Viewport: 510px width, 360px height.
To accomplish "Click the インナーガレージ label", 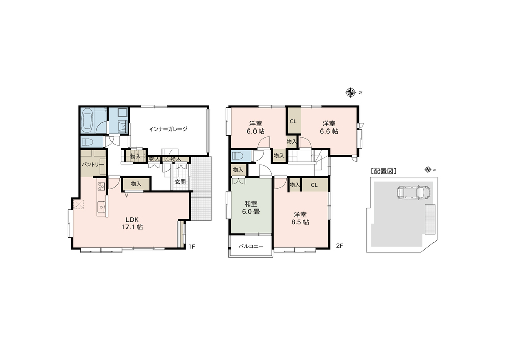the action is [168, 129].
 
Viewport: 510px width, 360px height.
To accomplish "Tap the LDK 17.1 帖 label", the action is [132, 223].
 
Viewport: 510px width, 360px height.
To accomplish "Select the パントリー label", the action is [93, 165].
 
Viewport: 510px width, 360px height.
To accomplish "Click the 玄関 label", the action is [180, 182].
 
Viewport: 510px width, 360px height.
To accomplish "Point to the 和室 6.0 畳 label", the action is [251, 208].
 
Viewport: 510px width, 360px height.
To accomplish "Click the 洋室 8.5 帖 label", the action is [300, 218].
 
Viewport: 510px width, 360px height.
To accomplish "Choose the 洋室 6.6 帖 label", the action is [329, 127].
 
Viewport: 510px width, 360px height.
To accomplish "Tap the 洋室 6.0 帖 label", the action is [256, 127].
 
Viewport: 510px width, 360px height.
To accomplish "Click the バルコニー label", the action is [250, 246].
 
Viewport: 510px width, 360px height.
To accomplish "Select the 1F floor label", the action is [192, 246].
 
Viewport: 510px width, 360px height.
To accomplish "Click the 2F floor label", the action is [339, 246].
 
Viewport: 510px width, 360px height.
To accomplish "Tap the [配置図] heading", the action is [383, 171].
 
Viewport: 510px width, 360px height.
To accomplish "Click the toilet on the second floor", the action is [239, 156].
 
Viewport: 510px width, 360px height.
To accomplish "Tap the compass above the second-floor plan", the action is [350, 93].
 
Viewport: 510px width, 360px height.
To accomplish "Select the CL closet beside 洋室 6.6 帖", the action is [293, 122].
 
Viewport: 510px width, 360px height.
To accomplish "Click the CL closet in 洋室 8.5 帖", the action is [314, 185].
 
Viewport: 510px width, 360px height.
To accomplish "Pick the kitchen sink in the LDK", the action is [101, 207].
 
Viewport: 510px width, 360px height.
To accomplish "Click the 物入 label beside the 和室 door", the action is [238, 170].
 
